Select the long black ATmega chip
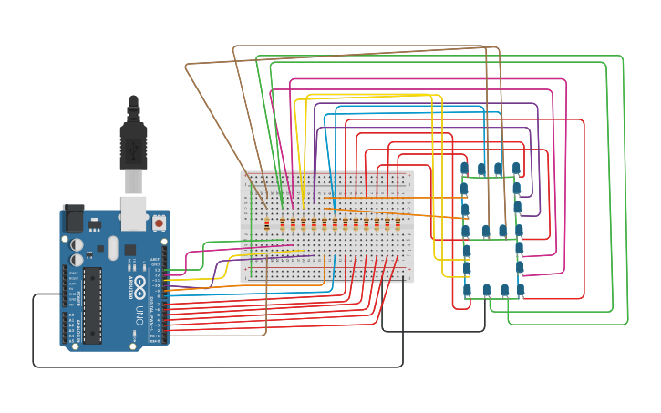(91, 305)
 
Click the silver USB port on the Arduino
(133, 212)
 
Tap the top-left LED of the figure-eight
(464, 169)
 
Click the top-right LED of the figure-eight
(516, 169)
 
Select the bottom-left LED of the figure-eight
(468, 291)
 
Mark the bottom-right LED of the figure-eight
(521, 290)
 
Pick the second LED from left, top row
(481, 169)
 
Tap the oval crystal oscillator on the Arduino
(113, 247)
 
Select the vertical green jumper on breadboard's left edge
(246, 223)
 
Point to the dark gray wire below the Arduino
(219, 367)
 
